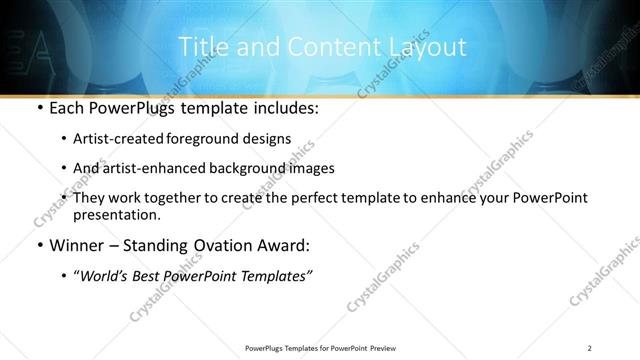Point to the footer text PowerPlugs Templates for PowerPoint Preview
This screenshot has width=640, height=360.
(320, 348)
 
